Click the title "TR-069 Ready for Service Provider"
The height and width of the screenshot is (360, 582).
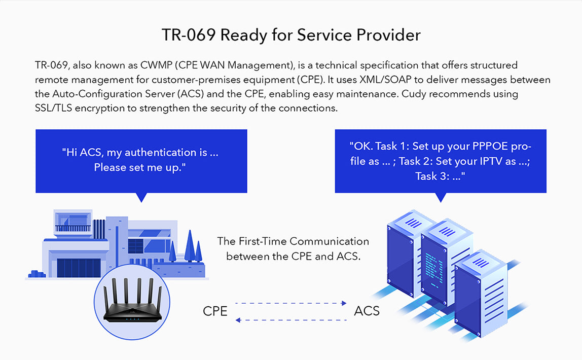click(x=291, y=35)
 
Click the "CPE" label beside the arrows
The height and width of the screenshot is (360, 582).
click(x=215, y=311)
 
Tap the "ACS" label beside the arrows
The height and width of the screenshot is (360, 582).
click(x=367, y=311)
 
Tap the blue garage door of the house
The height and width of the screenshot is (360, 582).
click(x=79, y=267)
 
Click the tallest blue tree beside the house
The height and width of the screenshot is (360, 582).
click(x=190, y=246)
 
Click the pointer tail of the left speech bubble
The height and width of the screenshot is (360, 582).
click(x=141, y=197)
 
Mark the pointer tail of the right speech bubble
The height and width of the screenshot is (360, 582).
click(x=441, y=197)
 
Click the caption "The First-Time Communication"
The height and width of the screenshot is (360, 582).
click(x=293, y=242)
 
